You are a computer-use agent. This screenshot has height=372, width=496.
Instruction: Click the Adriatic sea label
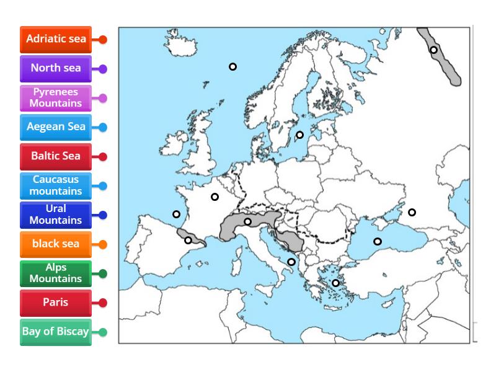56,39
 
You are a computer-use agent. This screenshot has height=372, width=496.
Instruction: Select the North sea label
56,68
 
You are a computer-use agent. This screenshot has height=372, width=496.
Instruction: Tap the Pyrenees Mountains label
56,97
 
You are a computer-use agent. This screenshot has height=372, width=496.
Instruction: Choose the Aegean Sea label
56,127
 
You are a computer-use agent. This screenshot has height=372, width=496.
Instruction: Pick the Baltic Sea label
56,156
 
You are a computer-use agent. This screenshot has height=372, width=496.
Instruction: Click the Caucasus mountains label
56,185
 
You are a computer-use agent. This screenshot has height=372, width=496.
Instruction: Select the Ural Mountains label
56,215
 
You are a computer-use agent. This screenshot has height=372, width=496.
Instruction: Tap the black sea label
56,244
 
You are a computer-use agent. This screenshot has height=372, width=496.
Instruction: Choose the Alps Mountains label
56,273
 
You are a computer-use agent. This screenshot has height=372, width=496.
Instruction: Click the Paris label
56,303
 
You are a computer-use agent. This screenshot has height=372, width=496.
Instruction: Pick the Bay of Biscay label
56,332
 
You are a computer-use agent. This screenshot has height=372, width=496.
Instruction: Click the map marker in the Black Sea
377,241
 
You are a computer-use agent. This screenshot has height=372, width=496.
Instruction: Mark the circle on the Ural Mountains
434,50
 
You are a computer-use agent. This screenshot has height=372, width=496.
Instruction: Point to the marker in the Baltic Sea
299,135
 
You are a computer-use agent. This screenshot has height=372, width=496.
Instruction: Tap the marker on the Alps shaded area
247,221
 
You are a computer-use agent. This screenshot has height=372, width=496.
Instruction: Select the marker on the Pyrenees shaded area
188,240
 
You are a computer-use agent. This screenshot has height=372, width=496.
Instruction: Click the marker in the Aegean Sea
335,283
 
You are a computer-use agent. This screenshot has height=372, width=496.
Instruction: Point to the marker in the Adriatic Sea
291,262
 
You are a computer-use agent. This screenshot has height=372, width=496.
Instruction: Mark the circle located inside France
215,197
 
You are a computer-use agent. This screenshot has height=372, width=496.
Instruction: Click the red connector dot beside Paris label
103,303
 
